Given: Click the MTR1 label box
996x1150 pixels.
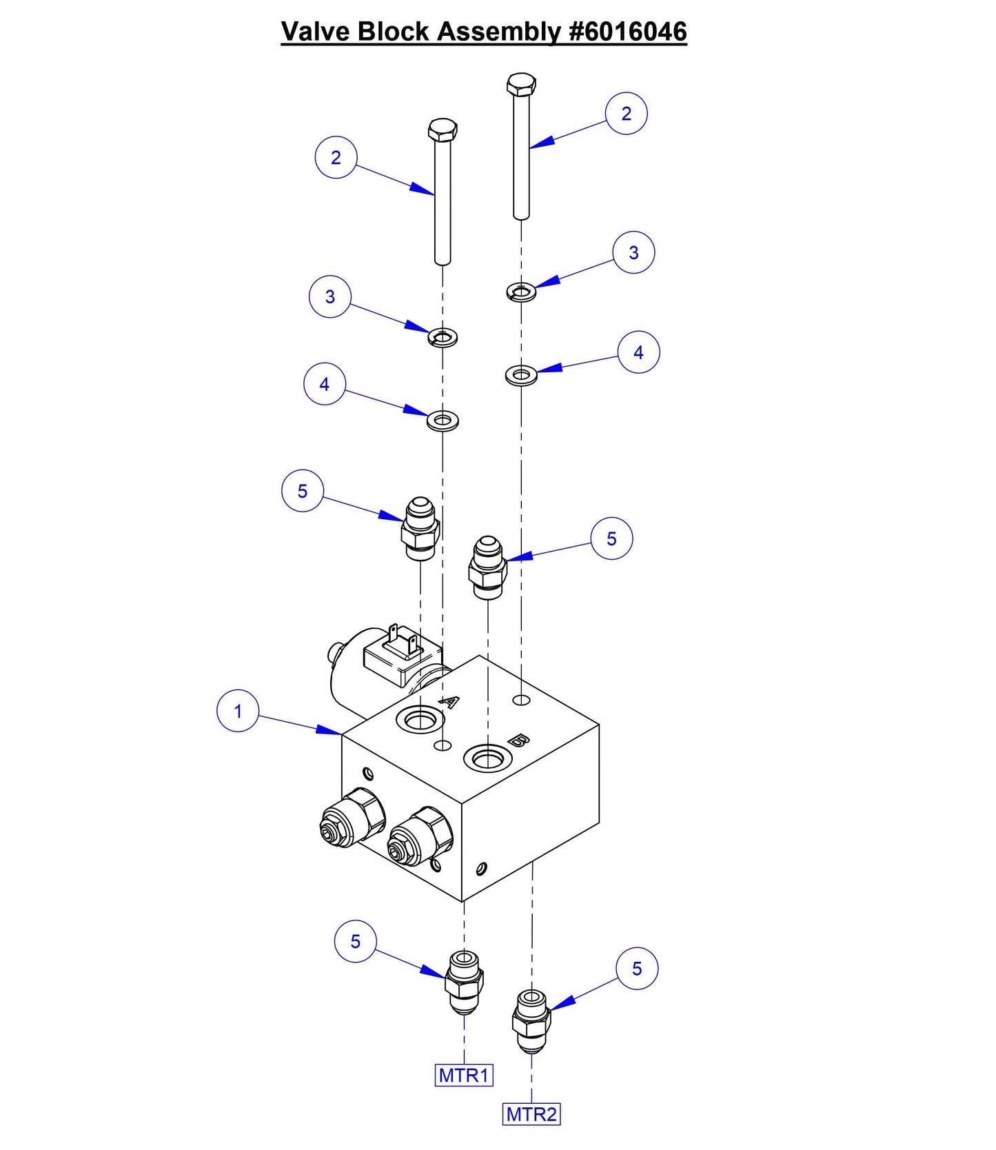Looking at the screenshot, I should coord(464,1075).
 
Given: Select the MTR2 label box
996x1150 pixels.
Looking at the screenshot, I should coord(531,1114).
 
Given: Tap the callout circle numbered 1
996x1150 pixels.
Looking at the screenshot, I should coord(238,711).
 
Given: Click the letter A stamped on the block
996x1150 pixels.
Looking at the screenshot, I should coord(449,703).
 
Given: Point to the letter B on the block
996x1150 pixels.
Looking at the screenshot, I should coord(519,741).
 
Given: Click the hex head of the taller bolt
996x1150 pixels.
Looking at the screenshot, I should coord(521,85).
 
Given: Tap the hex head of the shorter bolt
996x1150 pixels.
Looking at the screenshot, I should coord(443,130).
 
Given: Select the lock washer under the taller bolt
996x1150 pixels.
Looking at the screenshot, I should coord(522,292).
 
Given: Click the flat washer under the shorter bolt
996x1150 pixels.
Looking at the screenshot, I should coord(443,420).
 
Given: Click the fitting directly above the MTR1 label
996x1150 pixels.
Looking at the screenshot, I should coord(464,982).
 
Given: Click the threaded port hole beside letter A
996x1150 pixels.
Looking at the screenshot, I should coord(419,721).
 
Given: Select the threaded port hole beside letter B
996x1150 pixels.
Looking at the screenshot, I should coord(487,759).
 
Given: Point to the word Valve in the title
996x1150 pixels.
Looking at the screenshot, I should coord(316,32).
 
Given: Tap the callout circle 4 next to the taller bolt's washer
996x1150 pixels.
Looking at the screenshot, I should coord(638,352).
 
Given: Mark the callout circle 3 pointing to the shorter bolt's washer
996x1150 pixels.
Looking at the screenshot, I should coord(330,297).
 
